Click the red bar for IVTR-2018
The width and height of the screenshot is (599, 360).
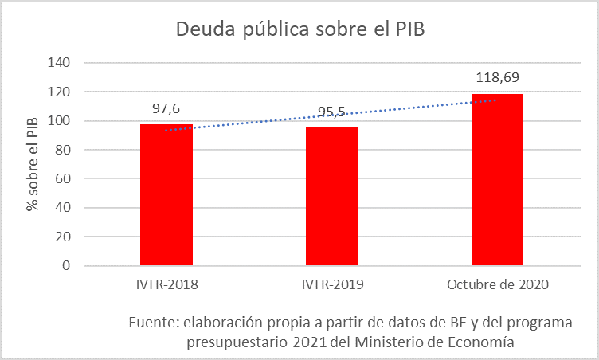(166, 194)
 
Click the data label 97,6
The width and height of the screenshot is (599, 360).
(166, 108)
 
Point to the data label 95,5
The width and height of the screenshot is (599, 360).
(331, 112)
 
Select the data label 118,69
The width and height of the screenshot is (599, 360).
(497, 78)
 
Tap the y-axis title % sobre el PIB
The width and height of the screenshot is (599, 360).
(33, 164)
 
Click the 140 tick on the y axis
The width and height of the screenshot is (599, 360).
(60, 63)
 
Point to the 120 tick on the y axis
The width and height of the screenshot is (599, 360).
(60, 92)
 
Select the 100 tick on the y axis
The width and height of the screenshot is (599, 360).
(60, 121)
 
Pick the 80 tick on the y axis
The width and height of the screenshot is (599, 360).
(63, 150)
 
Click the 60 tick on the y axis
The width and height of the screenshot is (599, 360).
(63, 179)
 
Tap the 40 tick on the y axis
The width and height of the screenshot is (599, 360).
(63, 208)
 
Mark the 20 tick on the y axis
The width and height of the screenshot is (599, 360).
(63, 237)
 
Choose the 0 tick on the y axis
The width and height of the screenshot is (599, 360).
(66, 266)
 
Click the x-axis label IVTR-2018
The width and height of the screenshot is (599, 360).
(167, 284)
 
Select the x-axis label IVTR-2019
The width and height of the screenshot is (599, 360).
(332, 284)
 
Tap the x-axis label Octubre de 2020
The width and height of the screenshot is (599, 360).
(498, 284)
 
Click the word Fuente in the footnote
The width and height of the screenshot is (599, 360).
(153, 323)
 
